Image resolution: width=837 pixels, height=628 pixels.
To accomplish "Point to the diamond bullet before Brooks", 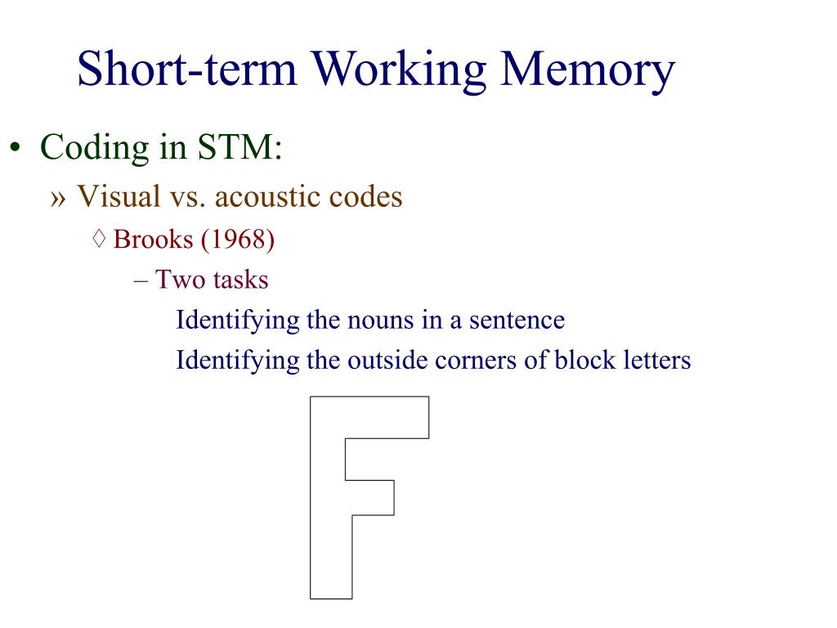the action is pos(100,240).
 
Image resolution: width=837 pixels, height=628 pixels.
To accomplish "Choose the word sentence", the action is pos(517,320).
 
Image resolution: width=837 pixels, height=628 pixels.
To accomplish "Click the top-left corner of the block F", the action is pos(311,397).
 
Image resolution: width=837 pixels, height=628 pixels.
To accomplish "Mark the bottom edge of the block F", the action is pos(331,599).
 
